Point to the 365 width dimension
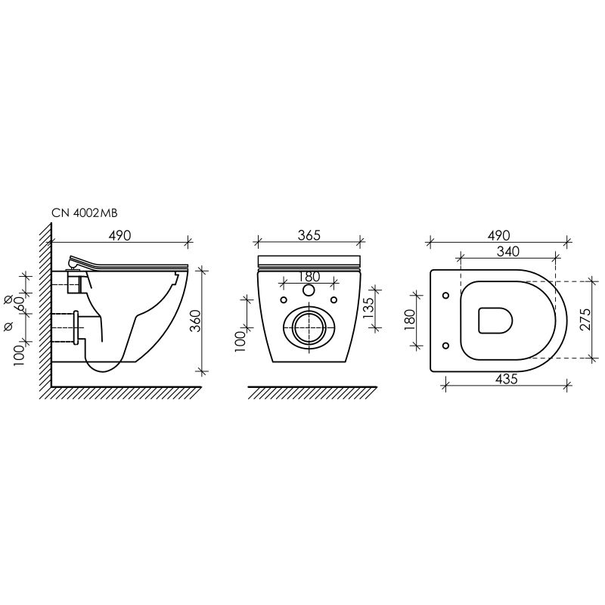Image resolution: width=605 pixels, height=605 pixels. coord(309,234)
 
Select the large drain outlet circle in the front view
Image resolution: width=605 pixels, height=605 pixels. coord(308,327)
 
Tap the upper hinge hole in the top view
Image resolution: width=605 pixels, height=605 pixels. coord(445,295)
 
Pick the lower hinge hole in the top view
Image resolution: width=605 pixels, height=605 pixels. coord(445,346)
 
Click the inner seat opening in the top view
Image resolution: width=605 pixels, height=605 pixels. coord(496,321)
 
